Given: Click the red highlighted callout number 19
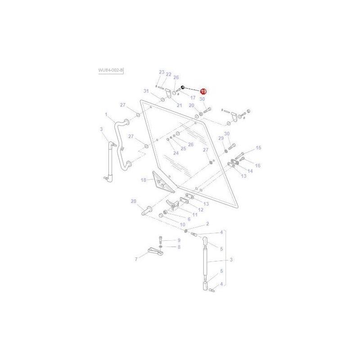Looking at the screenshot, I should click(x=203, y=91).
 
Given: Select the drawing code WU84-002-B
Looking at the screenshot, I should click(x=111, y=71).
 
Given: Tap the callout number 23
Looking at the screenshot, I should click(x=162, y=72).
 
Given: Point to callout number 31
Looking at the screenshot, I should click(x=146, y=91).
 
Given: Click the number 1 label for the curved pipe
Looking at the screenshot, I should click(x=106, y=115).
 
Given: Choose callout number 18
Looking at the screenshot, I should click(x=144, y=180).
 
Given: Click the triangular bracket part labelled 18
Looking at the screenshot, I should click(x=161, y=182).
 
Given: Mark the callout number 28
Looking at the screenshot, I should click(x=133, y=201).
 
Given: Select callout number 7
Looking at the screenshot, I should click(x=136, y=259).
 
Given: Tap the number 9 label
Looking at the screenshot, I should click(x=178, y=240).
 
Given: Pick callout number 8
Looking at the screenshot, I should click(x=178, y=247).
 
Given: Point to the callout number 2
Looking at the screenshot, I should click(x=207, y=224).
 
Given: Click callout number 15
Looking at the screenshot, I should click(x=258, y=148).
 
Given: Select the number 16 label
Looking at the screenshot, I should click(x=257, y=166).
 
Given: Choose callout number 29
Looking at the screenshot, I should click(x=221, y=138).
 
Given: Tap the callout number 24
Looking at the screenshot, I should click(x=176, y=153).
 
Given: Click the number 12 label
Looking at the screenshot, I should click(x=200, y=210).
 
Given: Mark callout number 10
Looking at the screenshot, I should click(x=182, y=224).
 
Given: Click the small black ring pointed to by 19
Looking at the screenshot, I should click(x=183, y=87).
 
